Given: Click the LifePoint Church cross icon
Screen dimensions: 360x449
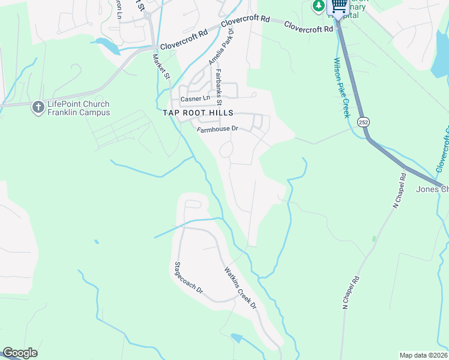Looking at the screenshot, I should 38,106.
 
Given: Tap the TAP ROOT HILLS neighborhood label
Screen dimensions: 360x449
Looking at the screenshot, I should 198,112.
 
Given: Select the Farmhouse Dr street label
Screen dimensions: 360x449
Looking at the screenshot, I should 218,129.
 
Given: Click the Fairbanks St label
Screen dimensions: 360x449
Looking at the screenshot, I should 219,84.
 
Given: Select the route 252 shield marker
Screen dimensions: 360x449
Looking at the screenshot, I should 365,122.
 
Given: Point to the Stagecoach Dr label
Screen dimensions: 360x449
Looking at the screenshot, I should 190,280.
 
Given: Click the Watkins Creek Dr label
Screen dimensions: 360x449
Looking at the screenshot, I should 240,288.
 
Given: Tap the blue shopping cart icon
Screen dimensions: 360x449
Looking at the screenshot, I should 339,6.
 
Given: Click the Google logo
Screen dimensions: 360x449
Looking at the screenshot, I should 20,353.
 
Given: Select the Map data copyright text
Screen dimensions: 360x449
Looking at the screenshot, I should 424,355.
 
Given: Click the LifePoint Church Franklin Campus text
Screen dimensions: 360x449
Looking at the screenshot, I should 79,108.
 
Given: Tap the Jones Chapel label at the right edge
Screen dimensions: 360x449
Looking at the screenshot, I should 432,190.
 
